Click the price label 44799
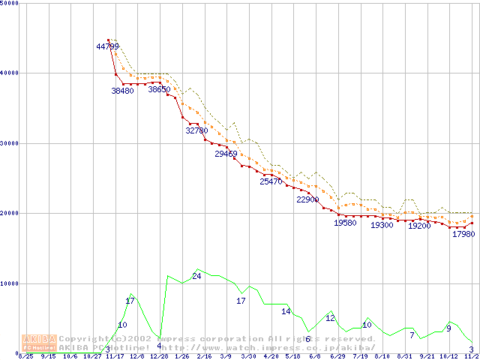pyautogui.click(x=107, y=46)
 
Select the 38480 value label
pyautogui.click(x=122, y=91)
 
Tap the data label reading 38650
pyautogui.click(x=159, y=90)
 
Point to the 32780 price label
pyautogui.click(x=196, y=130)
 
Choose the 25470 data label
pyautogui.click(x=271, y=181)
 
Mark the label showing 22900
pyautogui.click(x=307, y=200)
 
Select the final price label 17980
pyautogui.click(x=463, y=234)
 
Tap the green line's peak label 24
pyautogui.click(x=196, y=277)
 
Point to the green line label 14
pyautogui.click(x=286, y=311)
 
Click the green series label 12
pyautogui.click(x=330, y=318)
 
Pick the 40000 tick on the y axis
pyautogui.click(x=10, y=73)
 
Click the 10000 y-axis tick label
pyautogui.click(x=10, y=283)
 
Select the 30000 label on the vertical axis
pyautogui.click(x=10, y=143)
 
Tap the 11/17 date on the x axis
pyautogui.click(x=115, y=357)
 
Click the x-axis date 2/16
pyautogui.click(x=204, y=357)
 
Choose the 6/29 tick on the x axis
pyautogui.click(x=337, y=357)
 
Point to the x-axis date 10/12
pyautogui.click(x=448, y=357)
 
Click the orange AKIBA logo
pyautogui.click(x=39, y=342)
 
